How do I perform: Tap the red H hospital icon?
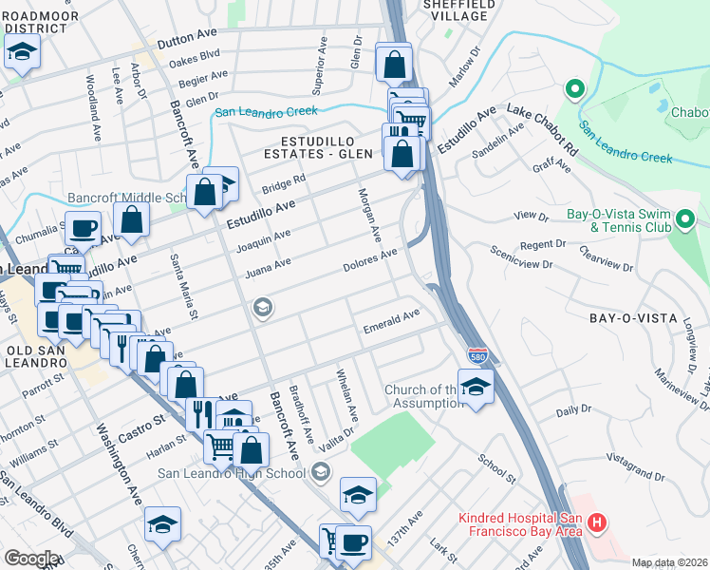point(597,522)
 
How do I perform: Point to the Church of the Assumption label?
point(422,396)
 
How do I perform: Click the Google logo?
point(30,558)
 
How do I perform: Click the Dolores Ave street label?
point(369,261)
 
